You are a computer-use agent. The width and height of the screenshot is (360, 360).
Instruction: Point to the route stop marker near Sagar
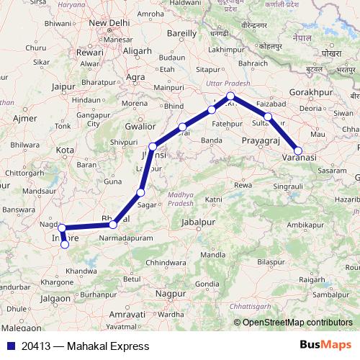141,193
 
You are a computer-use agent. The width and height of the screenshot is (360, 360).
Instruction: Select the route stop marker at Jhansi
153,146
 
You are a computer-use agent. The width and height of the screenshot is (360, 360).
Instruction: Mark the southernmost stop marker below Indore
65,244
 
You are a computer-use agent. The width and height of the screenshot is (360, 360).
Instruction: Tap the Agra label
135,76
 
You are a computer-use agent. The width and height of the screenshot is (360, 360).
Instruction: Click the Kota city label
66,150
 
